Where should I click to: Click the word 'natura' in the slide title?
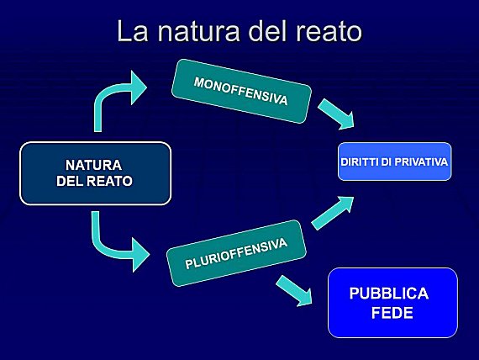click(198, 32)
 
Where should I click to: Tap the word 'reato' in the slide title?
click(329, 32)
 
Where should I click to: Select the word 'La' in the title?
click(133, 30)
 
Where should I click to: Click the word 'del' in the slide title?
click(267, 30)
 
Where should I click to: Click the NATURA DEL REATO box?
click(95, 173)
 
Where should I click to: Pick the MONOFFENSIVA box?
click(241, 91)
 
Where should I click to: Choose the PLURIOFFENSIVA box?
click(236, 253)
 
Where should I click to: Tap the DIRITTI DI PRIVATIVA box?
click(394, 161)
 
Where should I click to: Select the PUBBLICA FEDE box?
click(392, 303)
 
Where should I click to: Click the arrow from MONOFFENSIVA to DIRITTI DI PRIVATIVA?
click(336, 114)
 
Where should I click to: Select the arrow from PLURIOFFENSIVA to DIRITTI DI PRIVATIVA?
click(333, 213)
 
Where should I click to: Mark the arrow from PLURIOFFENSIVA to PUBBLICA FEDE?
click(294, 290)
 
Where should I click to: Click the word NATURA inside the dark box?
click(94, 165)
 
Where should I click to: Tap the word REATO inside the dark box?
click(109, 181)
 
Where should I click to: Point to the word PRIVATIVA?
click(421, 161)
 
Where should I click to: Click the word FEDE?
click(392, 313)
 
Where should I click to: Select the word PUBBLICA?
click(389, 294)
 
